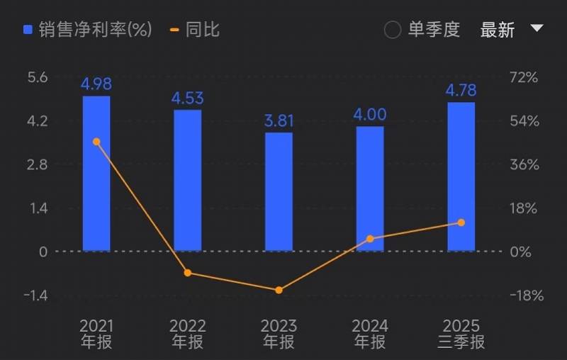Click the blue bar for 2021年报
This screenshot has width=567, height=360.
pyautogui.click(x=96, y=174)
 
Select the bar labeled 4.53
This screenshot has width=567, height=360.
pyautogui.click(x=187, y=180)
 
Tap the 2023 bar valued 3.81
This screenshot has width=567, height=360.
pyautogui.click(x=279, y=191)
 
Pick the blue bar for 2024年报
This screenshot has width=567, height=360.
pyautogui.click(x=369, y=189)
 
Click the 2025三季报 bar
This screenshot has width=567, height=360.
pyautogui.click(x=461, y=176)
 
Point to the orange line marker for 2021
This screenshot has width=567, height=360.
pyautogui.click(x=96, y=142)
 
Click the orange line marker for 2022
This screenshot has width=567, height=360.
pyautogui.click(x=187, y=273)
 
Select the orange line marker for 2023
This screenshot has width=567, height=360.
pyautogui.click(x=279, y=290)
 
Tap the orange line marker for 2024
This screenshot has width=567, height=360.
pyautogui.click(x=369, y=239)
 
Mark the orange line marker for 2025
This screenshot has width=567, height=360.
pyautogui.click(x=461, y=223)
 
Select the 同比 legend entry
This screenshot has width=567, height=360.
pyautogui.click(x=196, y=30)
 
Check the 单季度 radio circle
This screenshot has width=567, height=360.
pyautogui.click(x=393, y=30)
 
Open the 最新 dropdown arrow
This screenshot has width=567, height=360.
pyautogui.click(x=537, y=28)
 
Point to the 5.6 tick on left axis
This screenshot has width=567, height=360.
pyautogui.click(x=38, y=77)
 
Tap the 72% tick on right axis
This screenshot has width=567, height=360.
pyautogui.click(x=525, y=77)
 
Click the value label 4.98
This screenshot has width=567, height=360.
pyautogui.click(x=96, y=84)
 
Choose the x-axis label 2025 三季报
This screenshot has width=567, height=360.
pyautogui.click(x=461, y=334)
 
